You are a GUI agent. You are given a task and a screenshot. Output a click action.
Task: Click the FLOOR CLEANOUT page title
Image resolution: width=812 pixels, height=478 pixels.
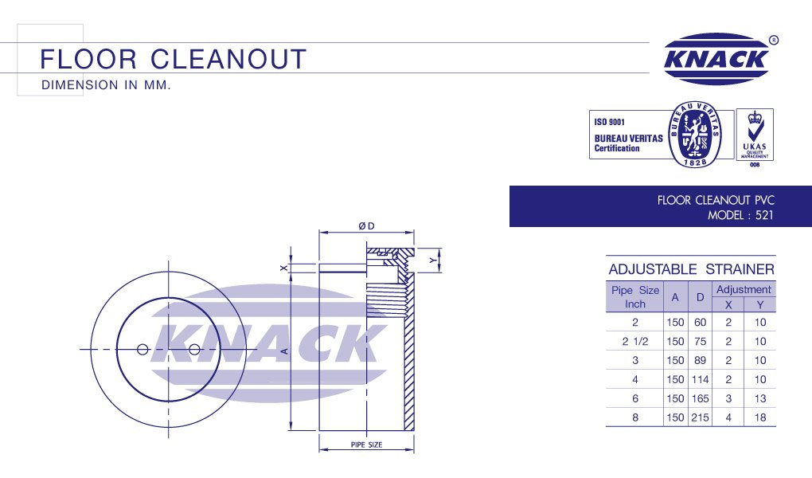173,60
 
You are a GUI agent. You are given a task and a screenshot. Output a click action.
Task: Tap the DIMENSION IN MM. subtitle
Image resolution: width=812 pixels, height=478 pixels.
105,84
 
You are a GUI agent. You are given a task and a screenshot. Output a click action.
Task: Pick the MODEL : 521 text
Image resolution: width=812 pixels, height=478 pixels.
740,215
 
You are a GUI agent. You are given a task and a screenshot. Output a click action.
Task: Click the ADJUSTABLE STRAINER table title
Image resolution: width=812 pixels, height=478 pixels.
691,269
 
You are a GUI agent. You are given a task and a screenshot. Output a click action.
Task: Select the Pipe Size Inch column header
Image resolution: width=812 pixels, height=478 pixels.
635,297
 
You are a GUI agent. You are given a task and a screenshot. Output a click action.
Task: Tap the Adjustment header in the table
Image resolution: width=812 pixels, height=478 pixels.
744,289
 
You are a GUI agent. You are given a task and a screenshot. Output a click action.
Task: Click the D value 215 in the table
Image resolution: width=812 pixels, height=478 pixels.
701,417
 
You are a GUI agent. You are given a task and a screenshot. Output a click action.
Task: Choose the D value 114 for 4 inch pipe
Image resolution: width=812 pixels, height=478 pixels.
701,379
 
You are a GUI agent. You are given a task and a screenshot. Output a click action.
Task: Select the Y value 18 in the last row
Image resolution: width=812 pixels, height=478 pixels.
760,417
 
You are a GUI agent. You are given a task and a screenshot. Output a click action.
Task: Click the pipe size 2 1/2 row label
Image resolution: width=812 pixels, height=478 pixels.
635,341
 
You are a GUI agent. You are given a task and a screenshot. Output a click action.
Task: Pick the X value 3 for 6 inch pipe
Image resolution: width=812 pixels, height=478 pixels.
728,398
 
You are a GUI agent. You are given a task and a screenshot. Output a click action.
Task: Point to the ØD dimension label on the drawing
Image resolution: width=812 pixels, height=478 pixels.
366,226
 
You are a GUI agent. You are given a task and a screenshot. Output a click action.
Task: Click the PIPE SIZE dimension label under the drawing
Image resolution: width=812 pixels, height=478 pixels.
366,445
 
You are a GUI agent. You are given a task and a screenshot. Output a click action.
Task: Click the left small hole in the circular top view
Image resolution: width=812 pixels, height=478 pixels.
142,349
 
